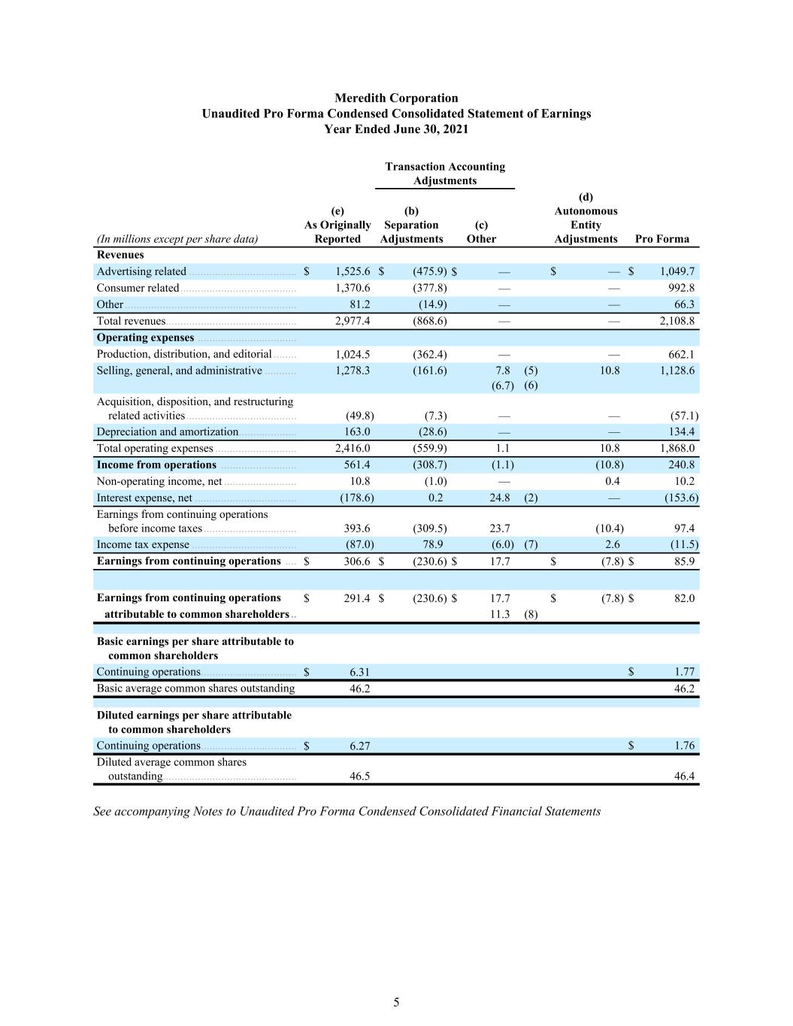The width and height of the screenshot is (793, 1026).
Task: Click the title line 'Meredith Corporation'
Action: [396, 98]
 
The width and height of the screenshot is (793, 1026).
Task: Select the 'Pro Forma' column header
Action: [661, 239]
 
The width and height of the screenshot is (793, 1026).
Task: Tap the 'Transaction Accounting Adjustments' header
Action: [445, 174]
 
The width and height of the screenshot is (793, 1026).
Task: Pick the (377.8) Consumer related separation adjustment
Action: [430, 288]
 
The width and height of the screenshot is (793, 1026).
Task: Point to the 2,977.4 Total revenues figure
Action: [353, 321]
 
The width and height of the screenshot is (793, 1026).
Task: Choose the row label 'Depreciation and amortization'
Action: [167, 432]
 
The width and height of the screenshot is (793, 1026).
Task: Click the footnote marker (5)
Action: [531, 371]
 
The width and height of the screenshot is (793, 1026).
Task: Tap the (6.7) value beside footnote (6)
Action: [503, 386]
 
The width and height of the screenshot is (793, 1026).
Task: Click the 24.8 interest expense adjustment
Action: [500, 498]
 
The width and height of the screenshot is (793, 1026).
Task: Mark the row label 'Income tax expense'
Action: [143, 545]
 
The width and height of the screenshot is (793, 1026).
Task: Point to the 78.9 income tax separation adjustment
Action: [433, 544]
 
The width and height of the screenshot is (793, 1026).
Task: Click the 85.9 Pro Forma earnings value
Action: [684, 561]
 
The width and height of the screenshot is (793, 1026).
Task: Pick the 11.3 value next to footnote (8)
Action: [500, 614]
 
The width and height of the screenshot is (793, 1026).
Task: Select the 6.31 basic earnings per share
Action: [359, 672]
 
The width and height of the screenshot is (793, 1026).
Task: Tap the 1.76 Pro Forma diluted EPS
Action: [684, 746]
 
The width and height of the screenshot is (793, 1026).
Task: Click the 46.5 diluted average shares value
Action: [359, 776]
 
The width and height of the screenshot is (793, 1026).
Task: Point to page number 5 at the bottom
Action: [396, 1002]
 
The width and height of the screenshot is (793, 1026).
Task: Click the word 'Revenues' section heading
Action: [120, 255]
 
